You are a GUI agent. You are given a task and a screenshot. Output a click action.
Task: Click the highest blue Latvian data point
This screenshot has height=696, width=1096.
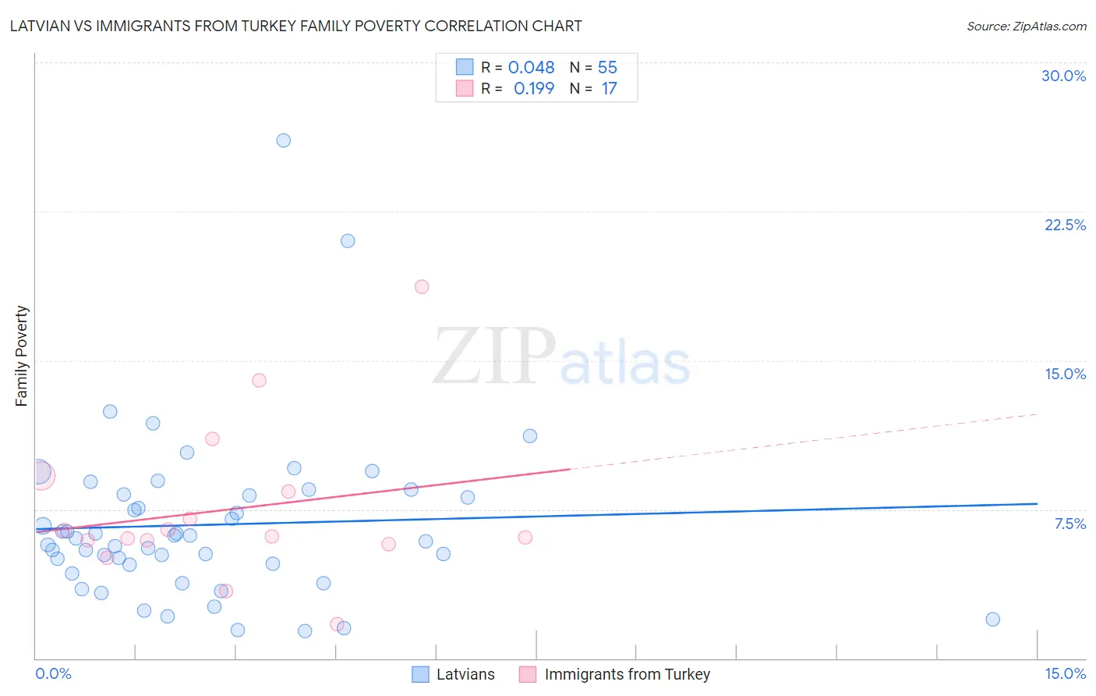(284, 140)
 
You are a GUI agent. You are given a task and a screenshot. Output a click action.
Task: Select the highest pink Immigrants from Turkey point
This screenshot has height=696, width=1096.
(422, 286)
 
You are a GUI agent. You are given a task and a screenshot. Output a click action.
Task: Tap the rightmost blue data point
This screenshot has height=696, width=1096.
(992, 620)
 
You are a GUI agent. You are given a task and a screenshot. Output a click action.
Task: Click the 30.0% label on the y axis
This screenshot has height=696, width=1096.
(1063, 76)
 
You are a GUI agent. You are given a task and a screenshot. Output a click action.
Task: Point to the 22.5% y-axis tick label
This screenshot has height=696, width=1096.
(1065, 225)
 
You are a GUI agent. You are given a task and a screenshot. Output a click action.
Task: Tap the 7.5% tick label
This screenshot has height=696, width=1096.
(1069, 524)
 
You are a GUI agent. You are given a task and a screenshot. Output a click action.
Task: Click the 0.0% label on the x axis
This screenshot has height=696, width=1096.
(53, 673)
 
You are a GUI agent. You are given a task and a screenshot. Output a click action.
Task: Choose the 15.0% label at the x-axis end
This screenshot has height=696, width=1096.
(1065, 673)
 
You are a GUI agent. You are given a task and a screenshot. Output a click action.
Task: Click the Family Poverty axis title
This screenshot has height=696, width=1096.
(22, 356)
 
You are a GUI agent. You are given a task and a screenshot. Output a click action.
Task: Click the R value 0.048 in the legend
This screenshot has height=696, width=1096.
(531, 68)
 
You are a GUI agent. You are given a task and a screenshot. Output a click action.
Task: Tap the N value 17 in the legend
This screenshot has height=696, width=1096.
(609, 89)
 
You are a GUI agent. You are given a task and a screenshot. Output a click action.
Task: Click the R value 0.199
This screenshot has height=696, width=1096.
(533, 89)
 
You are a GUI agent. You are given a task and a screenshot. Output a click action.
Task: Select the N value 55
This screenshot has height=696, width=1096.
(607, 68)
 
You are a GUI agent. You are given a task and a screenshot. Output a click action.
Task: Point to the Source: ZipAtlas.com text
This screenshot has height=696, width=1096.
(1026, 27)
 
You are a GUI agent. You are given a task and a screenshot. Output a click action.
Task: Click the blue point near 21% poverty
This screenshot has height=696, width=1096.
(348, 241)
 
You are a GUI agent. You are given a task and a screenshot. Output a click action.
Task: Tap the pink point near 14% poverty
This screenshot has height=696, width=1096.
(259, 381)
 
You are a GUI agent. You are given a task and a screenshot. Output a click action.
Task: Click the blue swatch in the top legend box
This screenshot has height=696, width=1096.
(465, 67)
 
